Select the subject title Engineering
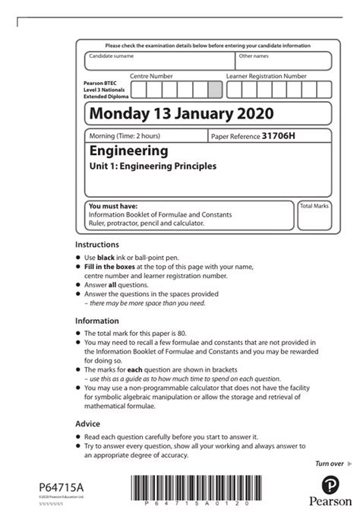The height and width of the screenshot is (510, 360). pyautogui.click(x=128, y=151)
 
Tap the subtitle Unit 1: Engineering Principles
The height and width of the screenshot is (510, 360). pyautogui.click(x=153, y=166)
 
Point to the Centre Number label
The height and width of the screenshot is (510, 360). pyautogui.click(x=152, y=77)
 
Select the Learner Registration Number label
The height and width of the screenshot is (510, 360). pyautogui.click(x=267, y=77)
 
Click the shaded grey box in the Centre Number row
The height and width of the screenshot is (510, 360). pyautogui.click(x=215, y=90)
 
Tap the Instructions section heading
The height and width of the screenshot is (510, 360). pyautogui.click(x=97, y=245)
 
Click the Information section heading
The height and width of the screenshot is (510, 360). pyautogui.click(x=97, y=321)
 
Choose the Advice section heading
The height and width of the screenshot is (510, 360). pyautogui.click(x=88, y=423)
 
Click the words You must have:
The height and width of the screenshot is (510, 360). pyautogui.click(x=110, y=206)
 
